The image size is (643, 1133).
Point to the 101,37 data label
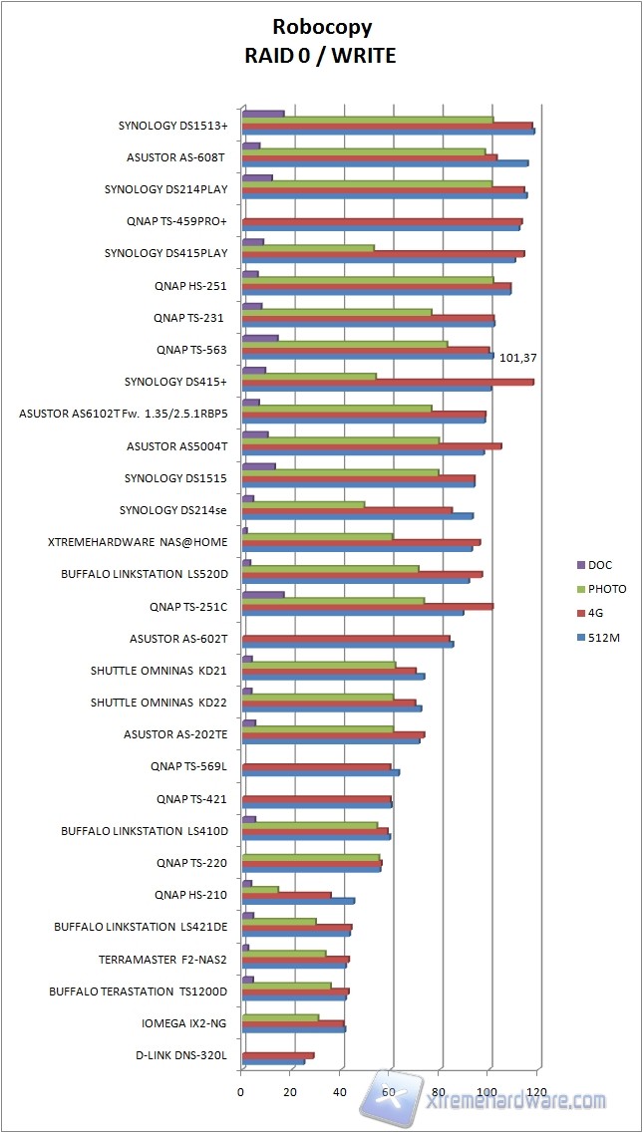click(523, 356)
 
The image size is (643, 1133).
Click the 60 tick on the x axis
click(390, 1092)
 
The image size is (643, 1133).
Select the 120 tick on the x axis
click(537, 1092)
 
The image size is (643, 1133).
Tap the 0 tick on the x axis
click(241, 1092)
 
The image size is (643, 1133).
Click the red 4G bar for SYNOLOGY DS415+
click(388, 382)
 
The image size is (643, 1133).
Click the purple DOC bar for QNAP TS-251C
click(263, 595)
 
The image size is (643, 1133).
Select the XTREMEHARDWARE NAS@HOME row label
click(138, 542)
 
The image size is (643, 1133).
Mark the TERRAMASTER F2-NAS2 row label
click(162, 959)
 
